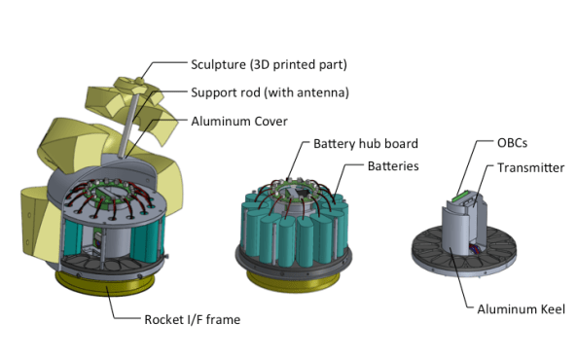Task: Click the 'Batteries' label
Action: (x=393, y=166)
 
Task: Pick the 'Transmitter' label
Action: (x=531, y=167)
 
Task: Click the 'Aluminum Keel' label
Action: (x=521, y=309)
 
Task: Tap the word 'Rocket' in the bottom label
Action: (x=166, y=319)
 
